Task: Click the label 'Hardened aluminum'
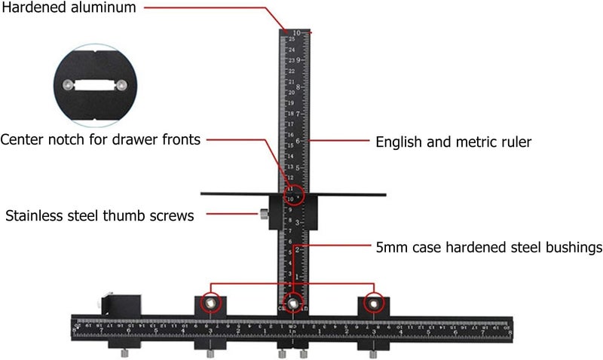pyautogui.click(x=68, y=9)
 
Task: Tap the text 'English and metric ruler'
pyautogui.click(x=453, y=142)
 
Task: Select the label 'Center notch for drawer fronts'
pyautogui.click(x=100, y=139)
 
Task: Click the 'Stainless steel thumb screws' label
pyautogui.click(x=99, y=215)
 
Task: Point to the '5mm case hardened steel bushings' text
pyautogui.click(x=488, y=247)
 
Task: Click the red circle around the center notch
pyautogui.click(x=294, y=194)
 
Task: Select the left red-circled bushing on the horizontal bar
pyautogui.click(x=212, y=303)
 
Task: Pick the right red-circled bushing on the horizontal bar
pyautogui.click(x=372, y=303)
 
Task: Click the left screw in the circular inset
pyautogui.click(x=69, y=85)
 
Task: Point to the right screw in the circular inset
pyautogui.click(x=120, y=85)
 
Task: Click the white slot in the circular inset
pyautogui.click(x=94, y=85)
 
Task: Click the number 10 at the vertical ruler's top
pyautogui.click(x=298, y=32)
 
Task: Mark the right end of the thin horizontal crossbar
pyautogui.click(x=384, y=194)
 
